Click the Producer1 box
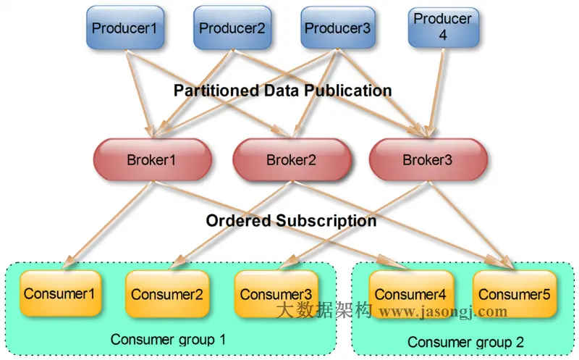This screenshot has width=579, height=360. pos(124,29)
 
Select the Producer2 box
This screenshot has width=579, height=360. pos(232,29)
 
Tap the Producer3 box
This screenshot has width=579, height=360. pos(337,29)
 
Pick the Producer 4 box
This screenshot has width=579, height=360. pos(443,28)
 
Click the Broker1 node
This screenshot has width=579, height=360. pos(153,159)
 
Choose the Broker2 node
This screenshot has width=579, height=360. pos(291,159)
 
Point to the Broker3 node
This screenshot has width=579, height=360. pos(428,159)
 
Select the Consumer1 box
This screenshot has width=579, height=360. pos(59,293)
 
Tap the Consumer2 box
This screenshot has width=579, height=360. pos(166,294)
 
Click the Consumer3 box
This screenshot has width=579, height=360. pos(276,294)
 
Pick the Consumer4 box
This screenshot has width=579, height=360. pos(410,294)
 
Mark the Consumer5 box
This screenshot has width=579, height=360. pos(514,294)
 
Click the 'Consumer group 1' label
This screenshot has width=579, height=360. pos(168,339)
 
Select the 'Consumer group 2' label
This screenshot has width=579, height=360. pos(465,341)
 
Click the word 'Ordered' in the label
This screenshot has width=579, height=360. pos(236,221)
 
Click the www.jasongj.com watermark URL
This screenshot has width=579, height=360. pos(443,312)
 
